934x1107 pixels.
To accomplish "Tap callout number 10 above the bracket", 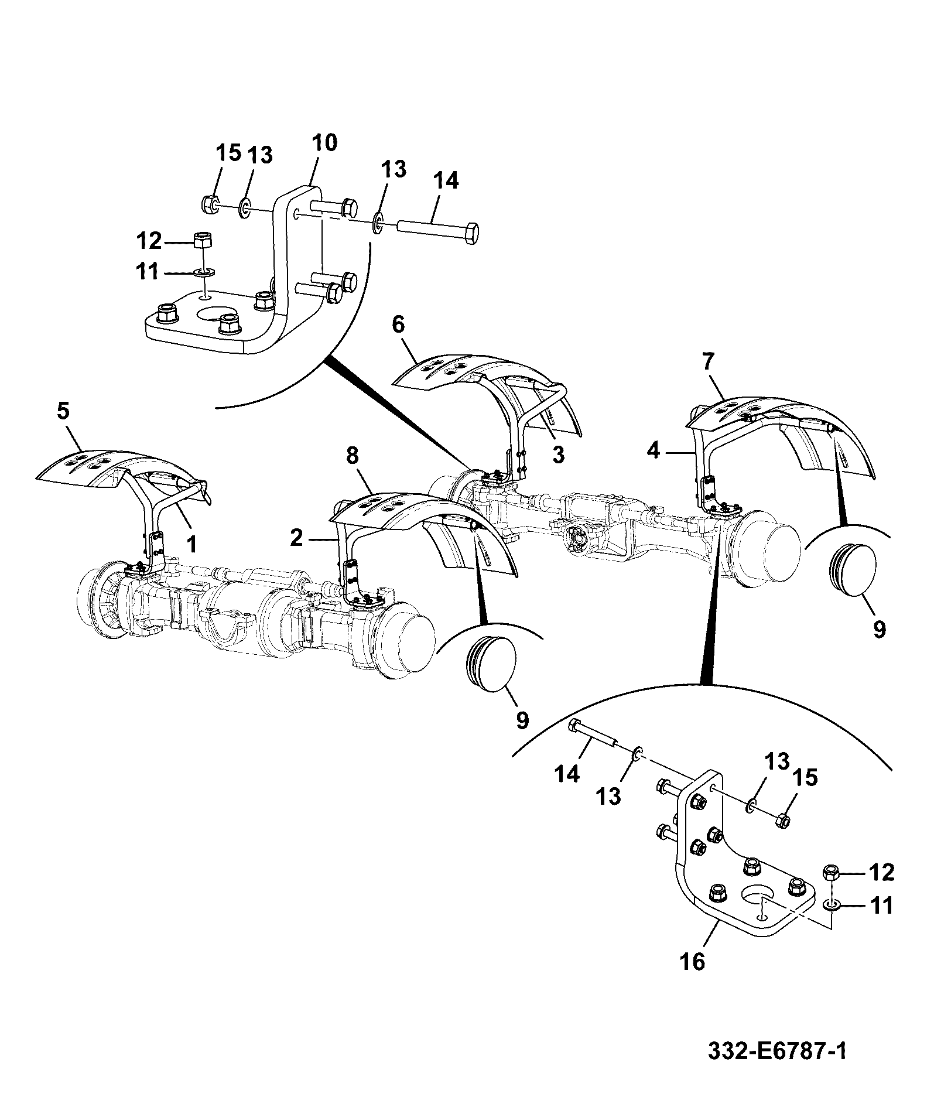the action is click(x=324, y=143).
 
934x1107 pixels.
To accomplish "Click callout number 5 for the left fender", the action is click(x=63, y=411).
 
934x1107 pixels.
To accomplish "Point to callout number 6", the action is click(x=399, y=324).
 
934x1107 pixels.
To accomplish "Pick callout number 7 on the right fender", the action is click(x=709, y=361).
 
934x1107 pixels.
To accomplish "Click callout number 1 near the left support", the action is click(x=191, y=544).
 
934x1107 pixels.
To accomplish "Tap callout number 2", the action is click(x=297, y=538).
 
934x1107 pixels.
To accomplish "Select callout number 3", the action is click(x=558, y=453).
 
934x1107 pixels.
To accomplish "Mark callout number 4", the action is click(x=654, y=450).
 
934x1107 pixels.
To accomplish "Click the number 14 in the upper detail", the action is click(x=446, y=180).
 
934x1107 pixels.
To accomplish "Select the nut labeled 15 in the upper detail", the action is click(x=210, y=203).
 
